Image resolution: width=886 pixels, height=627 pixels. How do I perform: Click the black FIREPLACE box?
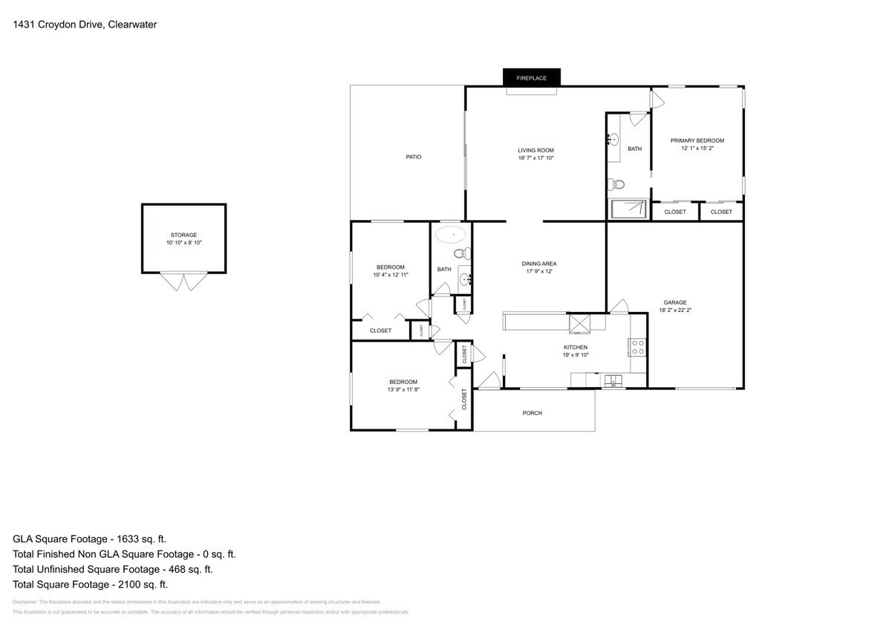coord(532,77)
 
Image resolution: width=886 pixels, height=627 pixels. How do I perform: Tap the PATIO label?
coord(414,157)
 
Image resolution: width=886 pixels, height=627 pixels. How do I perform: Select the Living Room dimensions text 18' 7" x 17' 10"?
coord(535,157)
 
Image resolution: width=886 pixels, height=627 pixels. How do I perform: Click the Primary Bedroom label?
coord(697,140)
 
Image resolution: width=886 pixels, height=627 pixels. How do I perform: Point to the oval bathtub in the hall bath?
coord(449,235)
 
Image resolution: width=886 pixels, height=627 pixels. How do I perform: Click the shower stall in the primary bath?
coord(629,209)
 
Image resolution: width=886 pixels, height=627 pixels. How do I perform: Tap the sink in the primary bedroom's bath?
coord(613,140)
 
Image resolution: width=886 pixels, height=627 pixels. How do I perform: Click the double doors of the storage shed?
coord(184,282)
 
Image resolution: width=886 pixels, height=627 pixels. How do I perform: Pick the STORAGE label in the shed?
coord(183,235)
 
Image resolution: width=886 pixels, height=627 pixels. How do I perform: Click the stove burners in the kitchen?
coord(637,346)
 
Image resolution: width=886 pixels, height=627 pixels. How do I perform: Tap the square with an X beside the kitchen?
coord(579,322)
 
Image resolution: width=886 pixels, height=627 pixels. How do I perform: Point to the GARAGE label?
coord(674,302)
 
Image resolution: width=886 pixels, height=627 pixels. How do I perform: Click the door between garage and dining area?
coord(618,306)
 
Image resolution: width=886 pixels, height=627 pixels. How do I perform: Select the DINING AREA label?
coord(539,264)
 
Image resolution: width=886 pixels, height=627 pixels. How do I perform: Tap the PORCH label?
coord(532,413)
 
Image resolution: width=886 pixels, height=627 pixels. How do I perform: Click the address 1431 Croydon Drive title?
coord(85,25)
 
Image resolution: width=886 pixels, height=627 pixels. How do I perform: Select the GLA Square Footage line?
coord(95,539)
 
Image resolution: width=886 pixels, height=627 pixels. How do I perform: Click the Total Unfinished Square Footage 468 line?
coord(113,570)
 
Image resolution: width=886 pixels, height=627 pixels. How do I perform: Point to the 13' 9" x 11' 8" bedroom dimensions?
coord(402,389)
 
